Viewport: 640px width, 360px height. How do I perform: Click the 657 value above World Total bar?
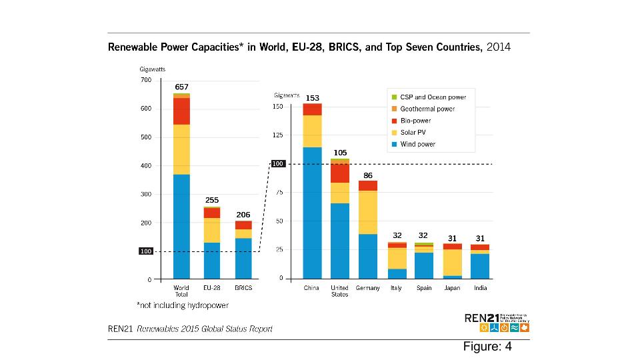coord(181,87)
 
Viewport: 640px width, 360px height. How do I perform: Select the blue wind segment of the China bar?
coord(311,212)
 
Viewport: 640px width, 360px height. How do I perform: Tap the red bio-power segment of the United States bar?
coord(339,173)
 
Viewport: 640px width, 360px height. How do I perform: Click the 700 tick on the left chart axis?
coord(146,80)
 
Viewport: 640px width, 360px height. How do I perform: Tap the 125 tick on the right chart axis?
coord(278,135)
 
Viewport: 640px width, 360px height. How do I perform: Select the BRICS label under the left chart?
coord(243,288)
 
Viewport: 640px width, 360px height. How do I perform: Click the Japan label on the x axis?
coord(453,288)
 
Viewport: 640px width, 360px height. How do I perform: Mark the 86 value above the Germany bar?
coord(367,175)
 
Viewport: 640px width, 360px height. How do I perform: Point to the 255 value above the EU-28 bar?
coord(212,200)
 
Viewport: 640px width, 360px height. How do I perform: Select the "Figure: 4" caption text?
coord(487,347)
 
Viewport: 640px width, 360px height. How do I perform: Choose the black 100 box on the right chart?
coord(278,164)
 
